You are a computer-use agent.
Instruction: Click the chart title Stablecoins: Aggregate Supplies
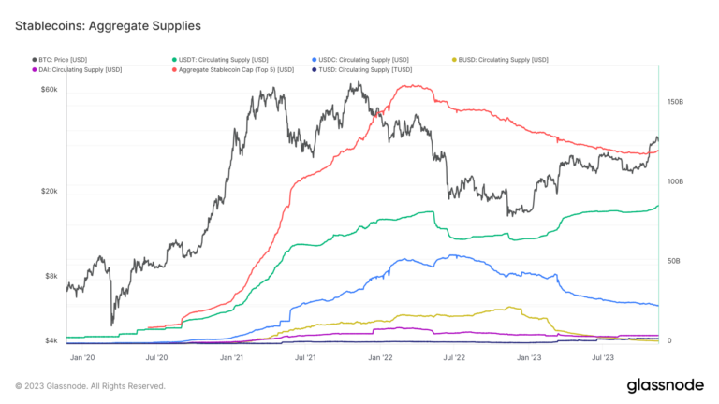coord(107,25)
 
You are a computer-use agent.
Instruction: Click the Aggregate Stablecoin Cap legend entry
coord(235,69)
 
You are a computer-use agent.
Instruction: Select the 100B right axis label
coord(674,180)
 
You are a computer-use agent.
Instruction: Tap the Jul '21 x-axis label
coord(305,357)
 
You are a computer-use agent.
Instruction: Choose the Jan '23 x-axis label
coord(529,357)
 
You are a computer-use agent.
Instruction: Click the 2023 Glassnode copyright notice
coord(90,385)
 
